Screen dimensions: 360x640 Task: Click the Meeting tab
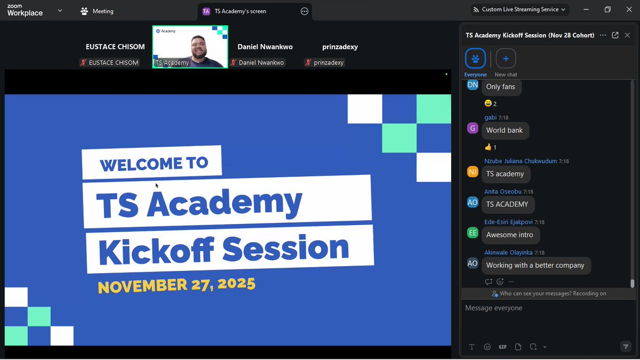pyautogui.click(x=97, y=11)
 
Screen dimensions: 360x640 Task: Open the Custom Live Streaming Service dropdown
pyautogui.click(x=520, y=10)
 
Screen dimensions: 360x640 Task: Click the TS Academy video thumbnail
pyautogui.click(x=190, y=47)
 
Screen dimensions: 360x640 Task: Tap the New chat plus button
pyautogui.click(x=506, y=59)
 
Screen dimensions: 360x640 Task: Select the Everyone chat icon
pyautogui.click(x=475, y=59)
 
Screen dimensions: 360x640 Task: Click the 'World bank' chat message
pyautogui.click(x=504, y=131)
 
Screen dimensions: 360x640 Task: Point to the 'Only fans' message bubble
pyautogui.click(x=500, y=87)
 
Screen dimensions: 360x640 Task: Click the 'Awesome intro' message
pyautogui.click(x=509, y=235)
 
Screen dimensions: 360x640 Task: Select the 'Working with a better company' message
pyautogui.click(x=535, y=265)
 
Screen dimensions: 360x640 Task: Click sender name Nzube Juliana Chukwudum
pyautogui.click(x=520, y=161)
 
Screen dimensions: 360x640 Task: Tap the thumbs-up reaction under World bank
pyautogui.click(x=491, y=147)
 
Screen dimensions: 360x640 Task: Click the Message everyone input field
pyautogui.click(x=544, y=308)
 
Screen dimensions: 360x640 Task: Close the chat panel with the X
pyautogui.click(x=627, y=35)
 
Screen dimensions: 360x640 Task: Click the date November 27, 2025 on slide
pyautogui.click(x=177, y=285)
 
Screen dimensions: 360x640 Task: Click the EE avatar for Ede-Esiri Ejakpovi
pyautogui.click(x=473, y=233)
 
